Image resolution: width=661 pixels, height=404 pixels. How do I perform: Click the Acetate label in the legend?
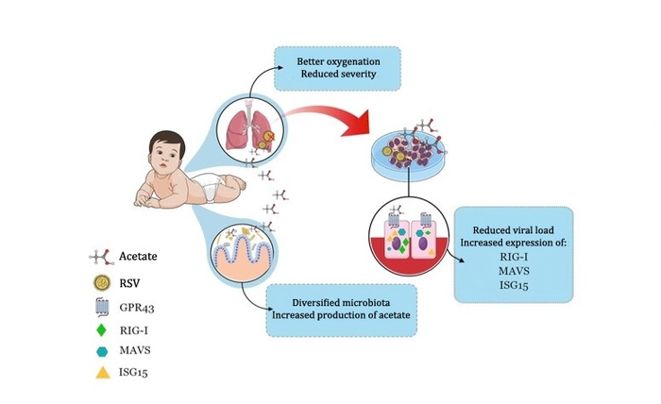coord(141,257)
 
